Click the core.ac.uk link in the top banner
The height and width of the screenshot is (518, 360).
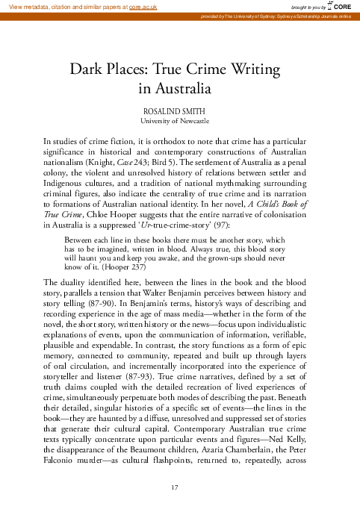(x=142, y=6)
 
